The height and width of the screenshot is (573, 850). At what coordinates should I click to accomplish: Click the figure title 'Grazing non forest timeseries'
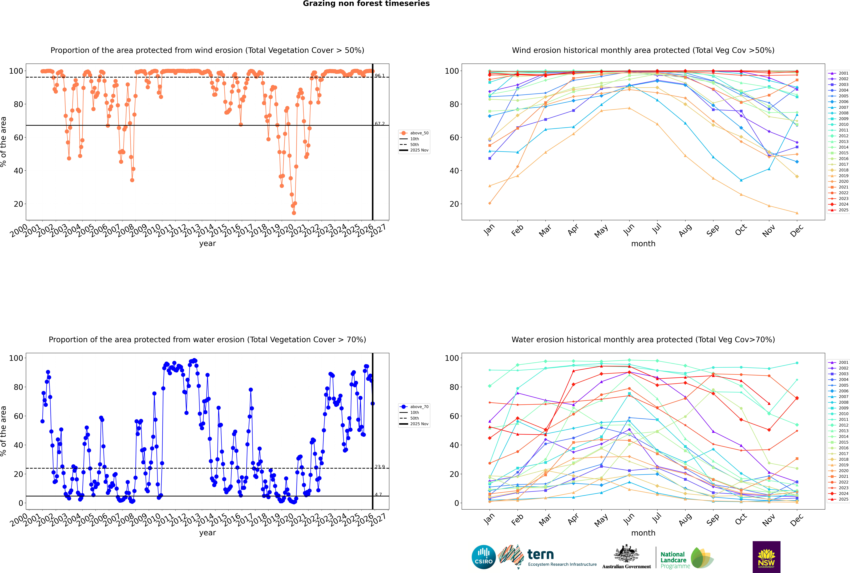point(366,4)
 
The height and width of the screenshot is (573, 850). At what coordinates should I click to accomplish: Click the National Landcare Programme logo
point(686,558)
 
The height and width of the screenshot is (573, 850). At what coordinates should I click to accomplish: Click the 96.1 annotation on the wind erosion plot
point(380,76)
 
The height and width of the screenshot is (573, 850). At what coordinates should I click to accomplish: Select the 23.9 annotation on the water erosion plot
point(380,467)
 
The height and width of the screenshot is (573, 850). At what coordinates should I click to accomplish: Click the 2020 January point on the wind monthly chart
point(490,203)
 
